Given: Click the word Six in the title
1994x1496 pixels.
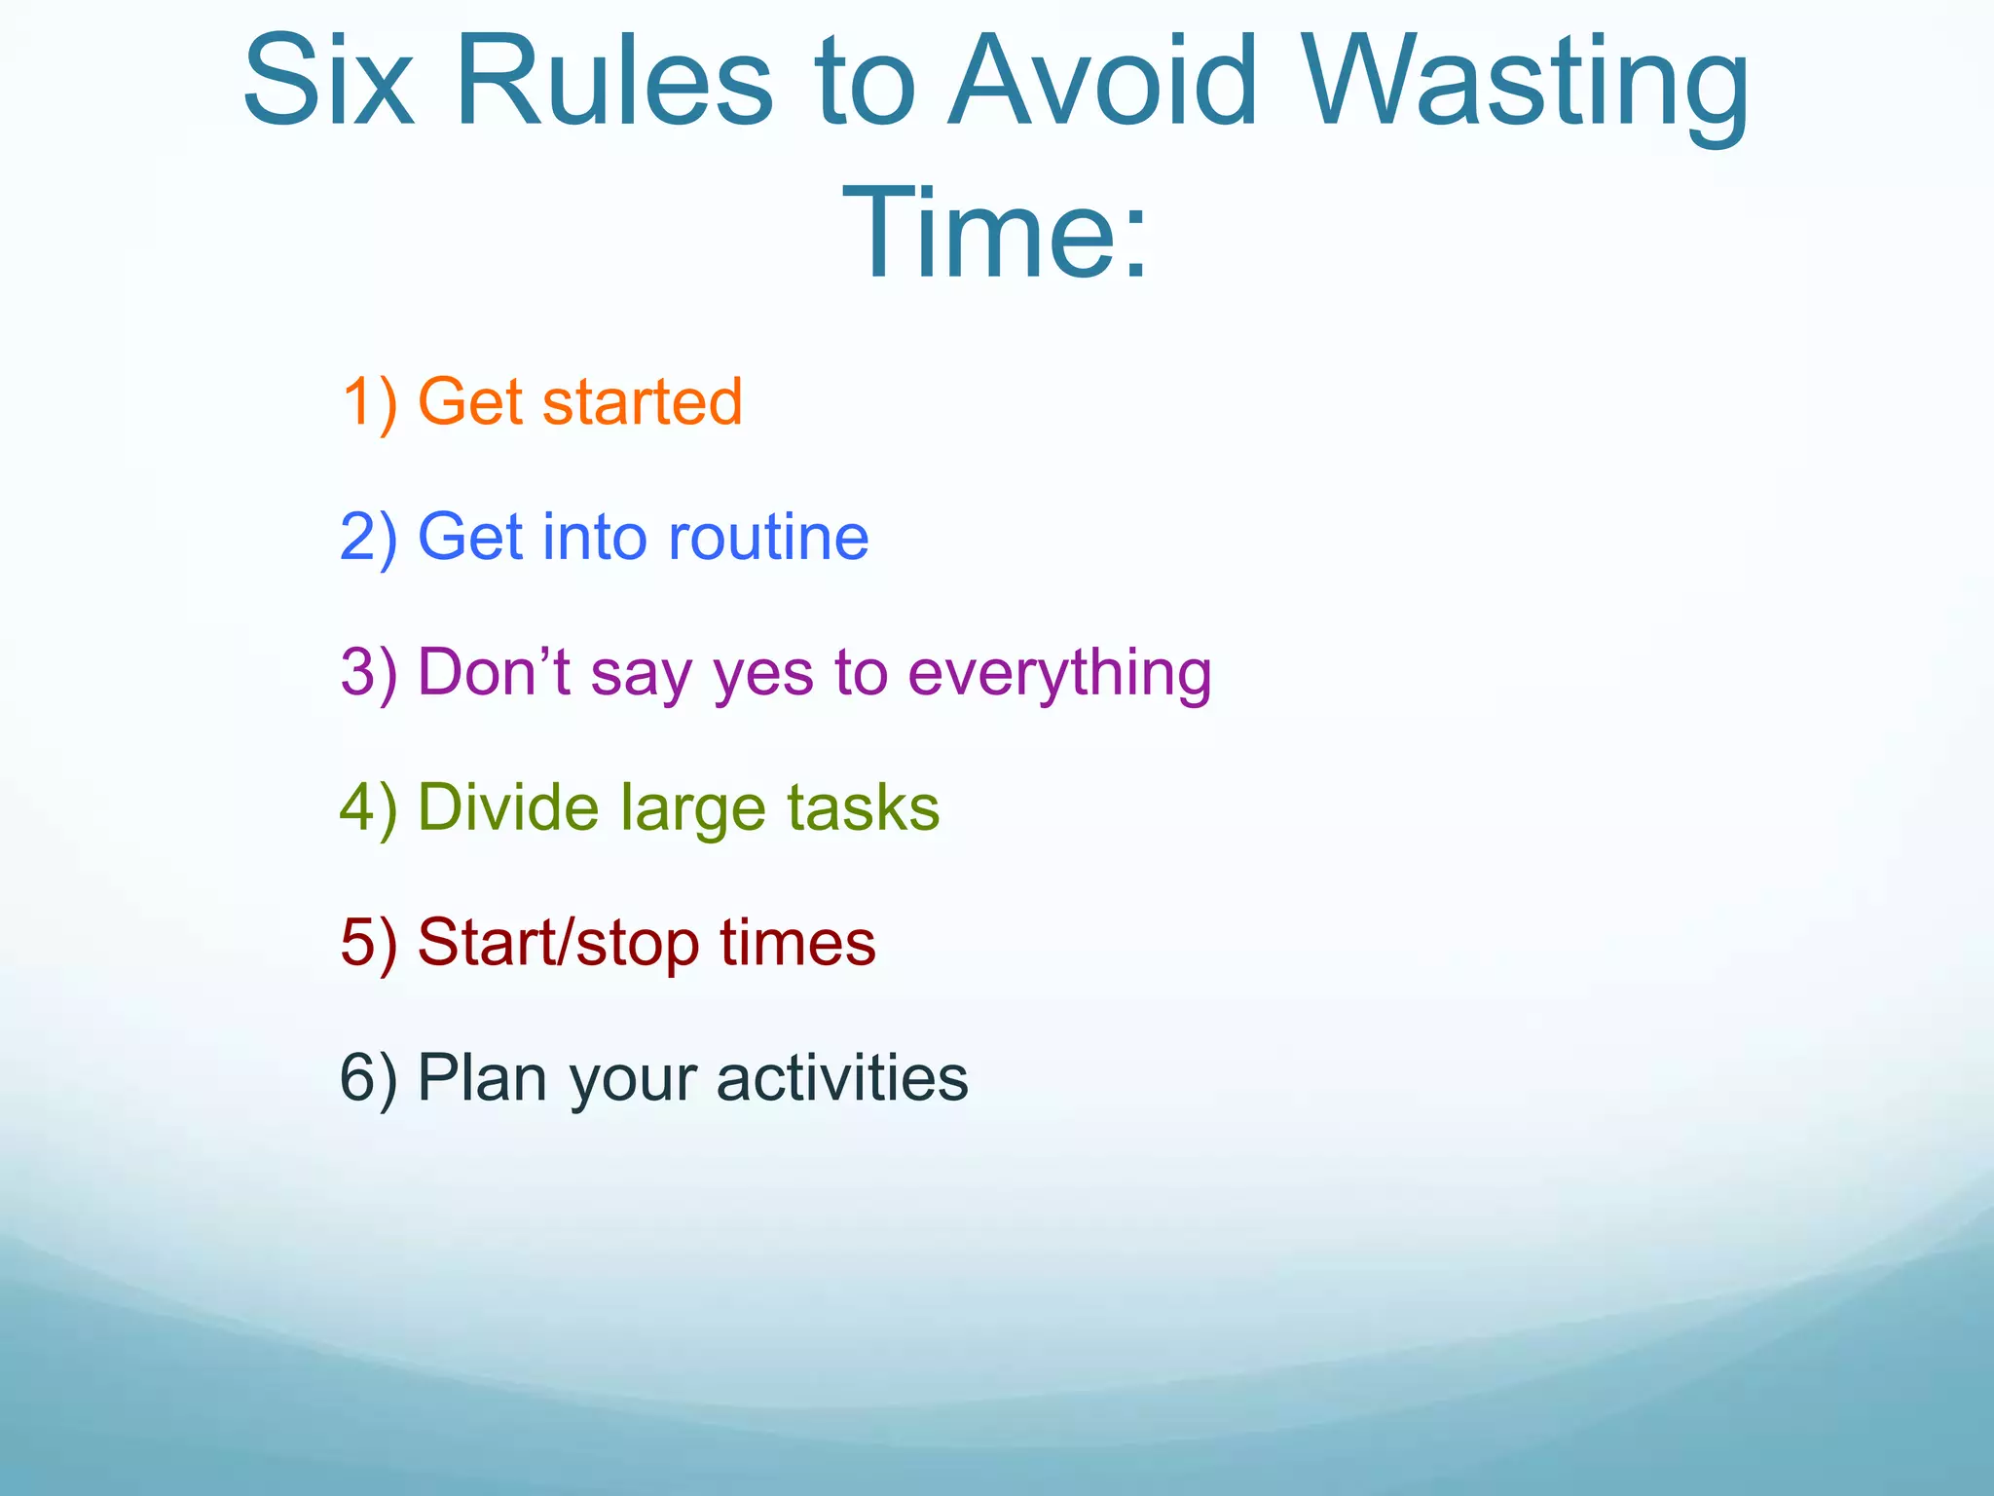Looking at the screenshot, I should point(328,82).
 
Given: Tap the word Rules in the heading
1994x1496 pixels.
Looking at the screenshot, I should point(613,82).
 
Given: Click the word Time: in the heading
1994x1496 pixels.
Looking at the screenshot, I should point(997,235).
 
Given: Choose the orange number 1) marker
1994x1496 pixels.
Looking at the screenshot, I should point(369,402).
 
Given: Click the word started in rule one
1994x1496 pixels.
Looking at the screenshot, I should point(642,402).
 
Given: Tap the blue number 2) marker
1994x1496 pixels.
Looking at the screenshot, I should point(369,538).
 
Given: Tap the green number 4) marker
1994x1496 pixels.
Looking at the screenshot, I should point(369,808).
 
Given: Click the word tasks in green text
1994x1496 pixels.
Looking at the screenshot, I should point(863,808).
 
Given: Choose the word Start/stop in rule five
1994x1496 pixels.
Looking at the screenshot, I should point(559,944).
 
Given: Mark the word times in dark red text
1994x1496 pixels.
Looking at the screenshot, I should point(797,944).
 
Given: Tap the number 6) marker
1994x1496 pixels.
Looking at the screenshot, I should point(369,1078).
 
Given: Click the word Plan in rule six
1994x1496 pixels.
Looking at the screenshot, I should point(481,1078).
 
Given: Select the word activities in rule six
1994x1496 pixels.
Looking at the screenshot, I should point(842,1078).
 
